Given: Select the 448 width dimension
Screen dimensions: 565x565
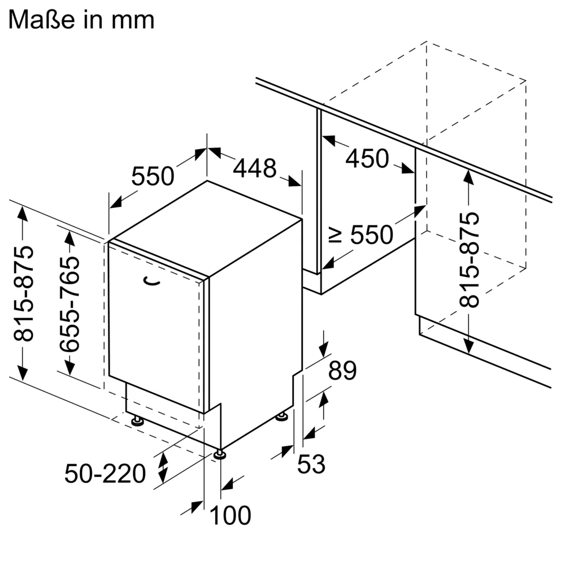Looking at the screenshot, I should point(255,168).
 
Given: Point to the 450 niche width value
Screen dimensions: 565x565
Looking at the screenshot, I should point(367,159).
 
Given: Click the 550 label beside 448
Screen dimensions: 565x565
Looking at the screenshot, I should point(153,177).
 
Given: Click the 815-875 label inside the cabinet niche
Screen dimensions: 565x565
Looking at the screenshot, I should point(469,260).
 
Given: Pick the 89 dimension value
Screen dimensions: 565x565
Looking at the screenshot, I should point(343,371).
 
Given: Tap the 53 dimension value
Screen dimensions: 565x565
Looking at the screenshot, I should point(311,464).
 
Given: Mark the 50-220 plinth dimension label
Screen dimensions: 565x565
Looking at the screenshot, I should point(105,473).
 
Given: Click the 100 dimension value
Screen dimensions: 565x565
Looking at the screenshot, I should point(231,515).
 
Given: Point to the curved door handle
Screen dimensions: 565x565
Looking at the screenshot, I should point(151,280).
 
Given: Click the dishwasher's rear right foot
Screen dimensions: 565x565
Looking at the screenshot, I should point(281,417).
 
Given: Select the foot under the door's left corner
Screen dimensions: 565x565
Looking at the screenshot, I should point(137,420).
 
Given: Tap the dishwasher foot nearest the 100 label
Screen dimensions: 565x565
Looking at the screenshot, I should point(219,453).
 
